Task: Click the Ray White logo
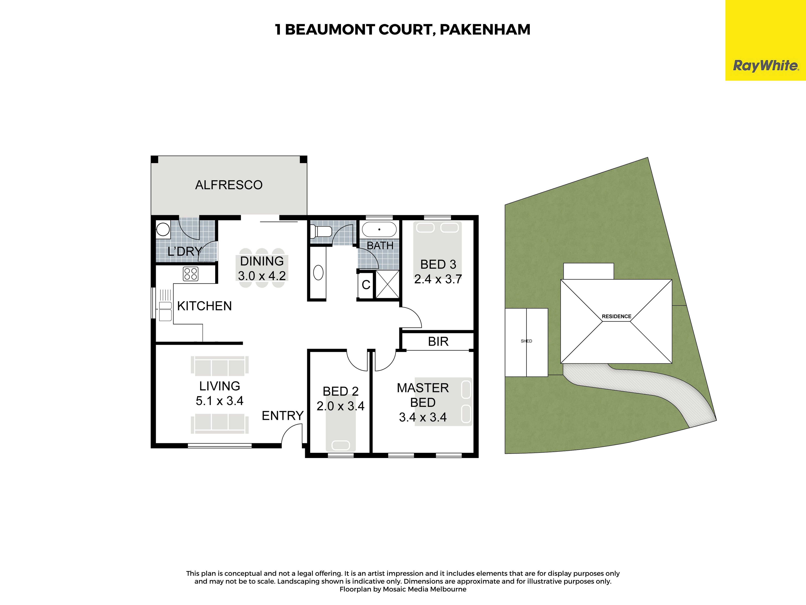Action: pyautogui.click(x=765, y=66)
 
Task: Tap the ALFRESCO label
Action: pyautogui.click(x=229, y=185)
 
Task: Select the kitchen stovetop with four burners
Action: pyautogui.click(x=191, y=274)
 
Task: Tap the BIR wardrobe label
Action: pyautogui.click(x=438, y=341)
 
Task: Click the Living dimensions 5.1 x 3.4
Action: pyautogui.click(x=219, y=401)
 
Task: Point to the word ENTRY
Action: pyautogui.click(x=283, y=415)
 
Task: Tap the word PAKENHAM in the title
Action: pyautogui.click(x=485, y=29)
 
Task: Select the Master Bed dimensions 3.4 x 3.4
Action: pyautogui.click(x=423, y=417)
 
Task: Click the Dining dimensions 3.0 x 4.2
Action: pyautogui.click(x=262, y=276)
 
